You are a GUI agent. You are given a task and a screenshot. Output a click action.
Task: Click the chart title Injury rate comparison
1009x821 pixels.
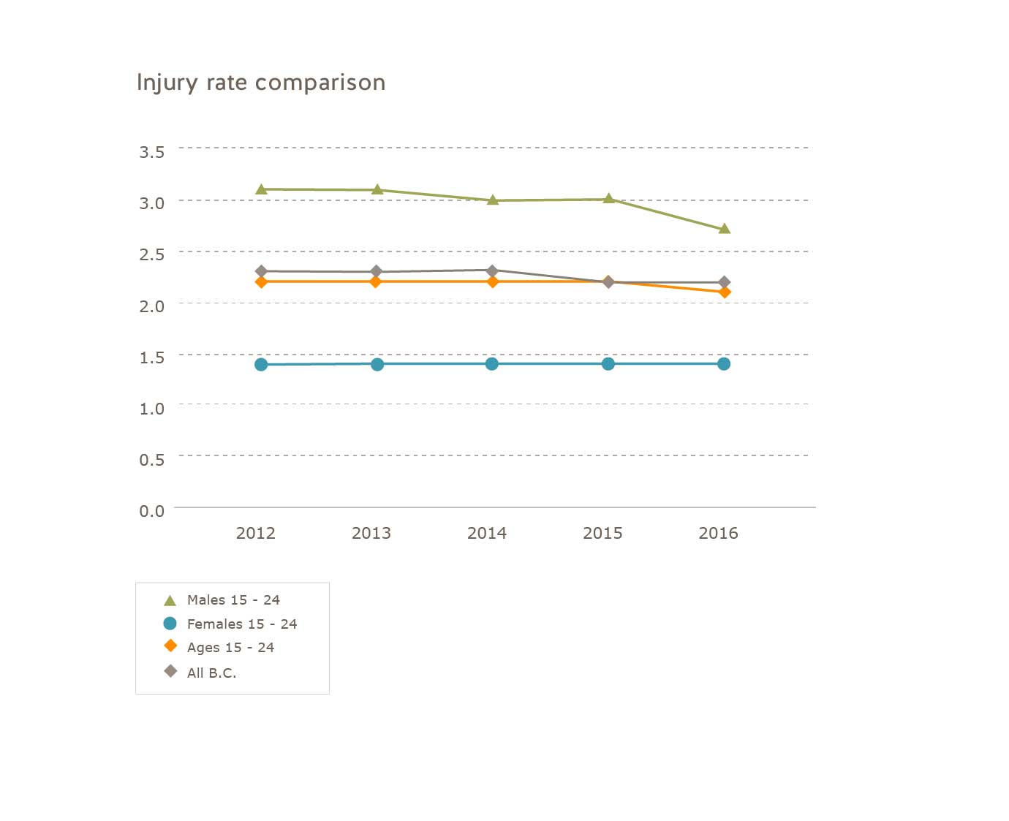pyautogui.click(x=261, y=83)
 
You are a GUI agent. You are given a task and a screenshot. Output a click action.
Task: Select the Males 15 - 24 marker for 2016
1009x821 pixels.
pyautogui.click(x=724, y=229)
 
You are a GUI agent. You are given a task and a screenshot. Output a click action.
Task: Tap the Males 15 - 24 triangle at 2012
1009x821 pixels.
pyautogui.click(x=261, y=189)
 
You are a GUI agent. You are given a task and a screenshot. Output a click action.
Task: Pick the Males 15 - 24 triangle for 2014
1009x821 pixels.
pyautogui.click(x=493, y=200)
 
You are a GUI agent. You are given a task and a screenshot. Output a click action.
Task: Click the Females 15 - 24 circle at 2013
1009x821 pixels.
pyautogui.click(x=377, y=364)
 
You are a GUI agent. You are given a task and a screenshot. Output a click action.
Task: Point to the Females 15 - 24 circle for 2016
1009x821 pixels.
pyautogui.click(x=724, y=364)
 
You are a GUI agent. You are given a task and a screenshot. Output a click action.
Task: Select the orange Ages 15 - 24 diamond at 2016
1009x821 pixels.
pyautogui.click(x=725, y=292)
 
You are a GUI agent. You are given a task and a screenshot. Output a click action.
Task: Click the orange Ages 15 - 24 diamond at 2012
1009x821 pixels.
pyautogui.click(x=261, y=281)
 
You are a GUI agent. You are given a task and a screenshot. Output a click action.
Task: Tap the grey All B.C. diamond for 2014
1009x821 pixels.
pyautogui.click(x=492, y=270)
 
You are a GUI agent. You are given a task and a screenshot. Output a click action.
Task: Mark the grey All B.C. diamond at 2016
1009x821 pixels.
pyautogui.click(x=724, y=282)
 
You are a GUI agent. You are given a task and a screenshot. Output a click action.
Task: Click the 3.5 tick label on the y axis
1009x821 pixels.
pyautogui.click(x=152, y=152)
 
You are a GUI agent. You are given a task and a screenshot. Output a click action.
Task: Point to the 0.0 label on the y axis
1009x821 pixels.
pyautogui.click(x=152, y=511)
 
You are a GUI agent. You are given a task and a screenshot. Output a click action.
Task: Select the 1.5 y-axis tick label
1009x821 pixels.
pyautogui.click(x=152, y=357)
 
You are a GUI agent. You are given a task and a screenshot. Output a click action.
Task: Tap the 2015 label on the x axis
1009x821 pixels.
pyautogui.click(x=602, y=534)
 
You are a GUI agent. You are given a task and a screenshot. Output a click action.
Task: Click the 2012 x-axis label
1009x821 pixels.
pyautogui.click(x=256, y=534)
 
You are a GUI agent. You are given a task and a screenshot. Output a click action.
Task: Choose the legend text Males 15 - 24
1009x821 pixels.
pyautogui.click(x=233, y=600)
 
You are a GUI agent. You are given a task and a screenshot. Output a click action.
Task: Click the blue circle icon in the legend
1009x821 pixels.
pyautogui.click(x=170, y=624)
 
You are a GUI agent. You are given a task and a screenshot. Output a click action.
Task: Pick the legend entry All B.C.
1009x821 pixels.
pyautogui.click(x=211, y=673)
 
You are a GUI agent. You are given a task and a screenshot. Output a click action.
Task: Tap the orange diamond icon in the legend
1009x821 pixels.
pyautogui.click(x=170, y=646)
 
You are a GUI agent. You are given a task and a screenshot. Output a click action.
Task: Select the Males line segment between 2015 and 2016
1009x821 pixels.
pyautogui.click(x=666, y=213)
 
